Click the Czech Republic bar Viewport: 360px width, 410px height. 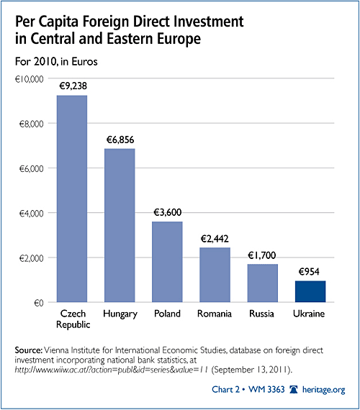click(x=72, y=199)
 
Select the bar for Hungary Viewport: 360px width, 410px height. click(x=120, y=225)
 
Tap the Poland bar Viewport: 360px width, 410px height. click(x=167, y=262)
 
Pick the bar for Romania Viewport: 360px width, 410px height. click(x=215, y=275)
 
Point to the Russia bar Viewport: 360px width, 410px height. click(x=263, y=283)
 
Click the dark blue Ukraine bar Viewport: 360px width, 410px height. click(x=310, y=291)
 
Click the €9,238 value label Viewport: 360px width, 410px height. click(x=73, y=86)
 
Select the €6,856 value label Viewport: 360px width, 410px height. click(x=120, y=140)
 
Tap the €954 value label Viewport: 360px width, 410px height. click(x=309, y=272)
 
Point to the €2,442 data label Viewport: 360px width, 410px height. click(x=215, y=239)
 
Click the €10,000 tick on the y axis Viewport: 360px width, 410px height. click(x=29, y=79)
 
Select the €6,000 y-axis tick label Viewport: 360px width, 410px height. click(x=31, y=168)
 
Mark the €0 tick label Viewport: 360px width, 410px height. click(x=39, y=303)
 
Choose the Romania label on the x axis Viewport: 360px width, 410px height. click(x=215, y=314)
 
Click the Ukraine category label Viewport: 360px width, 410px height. click(x=309, y=314)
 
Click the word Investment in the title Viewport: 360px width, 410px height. click(x=209, y=22)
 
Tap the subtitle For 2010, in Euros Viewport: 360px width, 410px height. click(x=56, y=62)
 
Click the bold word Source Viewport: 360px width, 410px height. click(x=29, y=350)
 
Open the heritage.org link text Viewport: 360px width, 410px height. click(x=323, y=390)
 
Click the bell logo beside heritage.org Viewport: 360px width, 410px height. click(x=294, y=390)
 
